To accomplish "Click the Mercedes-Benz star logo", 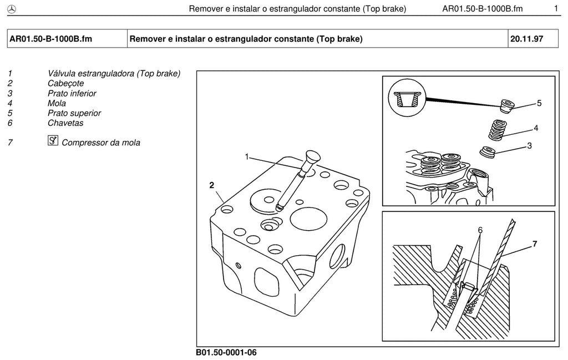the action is click(12, 9).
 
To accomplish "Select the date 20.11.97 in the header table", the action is click(527, 39).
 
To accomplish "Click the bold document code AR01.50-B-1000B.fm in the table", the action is click(50, 39).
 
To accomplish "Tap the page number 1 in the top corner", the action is click(556, 8).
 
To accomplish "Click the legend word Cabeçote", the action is click(65, 83).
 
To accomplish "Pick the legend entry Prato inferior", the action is click(72, 93).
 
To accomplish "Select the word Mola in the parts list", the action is click(57, 103).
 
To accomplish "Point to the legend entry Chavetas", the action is click(65, 123).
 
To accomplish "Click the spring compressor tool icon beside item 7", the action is click(53, 140).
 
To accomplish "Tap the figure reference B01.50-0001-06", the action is click(226, 352).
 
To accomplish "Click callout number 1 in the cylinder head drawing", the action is click(247, 157).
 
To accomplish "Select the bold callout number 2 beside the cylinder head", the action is click(212, 185).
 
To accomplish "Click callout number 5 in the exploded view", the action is click(539, 103).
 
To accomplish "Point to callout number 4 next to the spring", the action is click(536, 128).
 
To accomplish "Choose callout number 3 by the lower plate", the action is click(529, 146).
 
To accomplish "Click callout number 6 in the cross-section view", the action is click(480, 230).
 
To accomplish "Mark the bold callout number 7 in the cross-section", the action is click(535, 244).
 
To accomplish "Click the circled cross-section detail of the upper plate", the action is click(407, 98).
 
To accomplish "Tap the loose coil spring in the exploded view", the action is click(496, 130).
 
